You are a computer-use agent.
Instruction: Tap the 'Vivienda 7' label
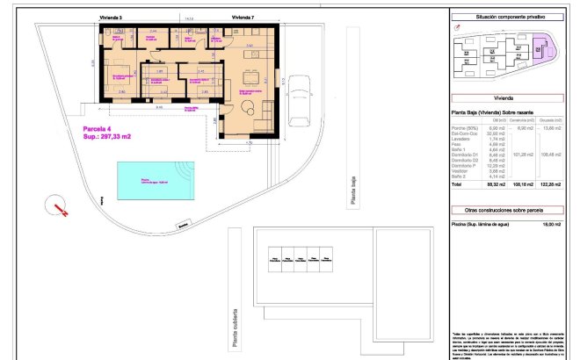click(245, 17)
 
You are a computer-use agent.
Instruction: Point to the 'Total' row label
click(457, 185)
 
